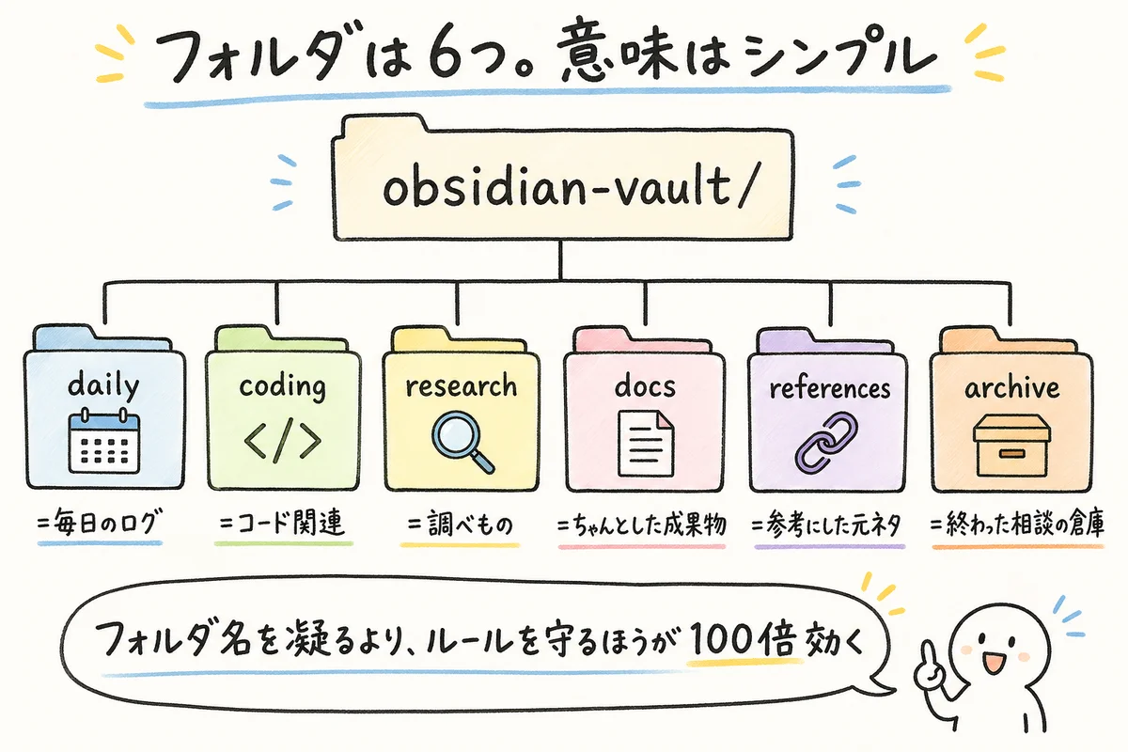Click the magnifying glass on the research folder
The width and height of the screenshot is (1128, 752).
462,441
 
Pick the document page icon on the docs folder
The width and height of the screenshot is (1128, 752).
645,444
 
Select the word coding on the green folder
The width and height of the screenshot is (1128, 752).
282,386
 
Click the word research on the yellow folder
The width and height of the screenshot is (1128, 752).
461,385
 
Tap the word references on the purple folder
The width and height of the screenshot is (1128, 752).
828,387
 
